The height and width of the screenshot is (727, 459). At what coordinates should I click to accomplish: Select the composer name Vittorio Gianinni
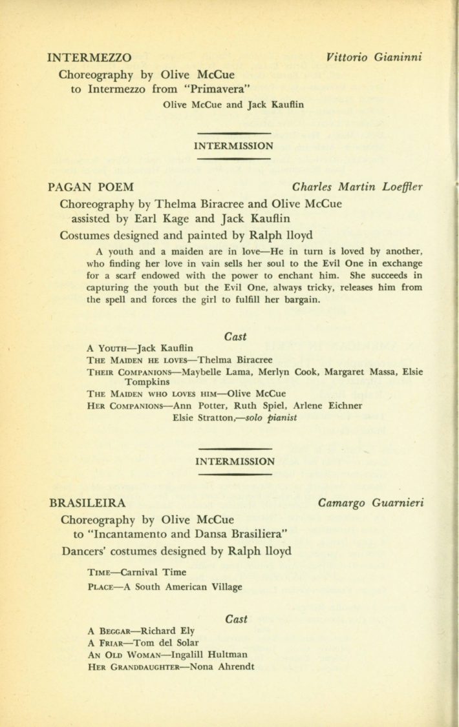click(375, 57)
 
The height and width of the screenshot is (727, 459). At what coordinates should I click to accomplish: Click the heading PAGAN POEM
click(91, 187)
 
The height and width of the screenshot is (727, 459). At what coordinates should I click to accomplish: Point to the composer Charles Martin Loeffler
click(358, 187)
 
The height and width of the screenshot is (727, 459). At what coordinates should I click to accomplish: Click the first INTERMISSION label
click(233, 146)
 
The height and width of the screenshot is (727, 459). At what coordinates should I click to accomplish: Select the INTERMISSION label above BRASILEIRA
click(233, 461)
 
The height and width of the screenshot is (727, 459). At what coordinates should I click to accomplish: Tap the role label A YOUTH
click(108, 348)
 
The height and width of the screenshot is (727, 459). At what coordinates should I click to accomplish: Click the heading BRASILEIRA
click(87, 502)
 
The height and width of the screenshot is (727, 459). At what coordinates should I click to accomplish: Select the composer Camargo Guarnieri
click(371, 502)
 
